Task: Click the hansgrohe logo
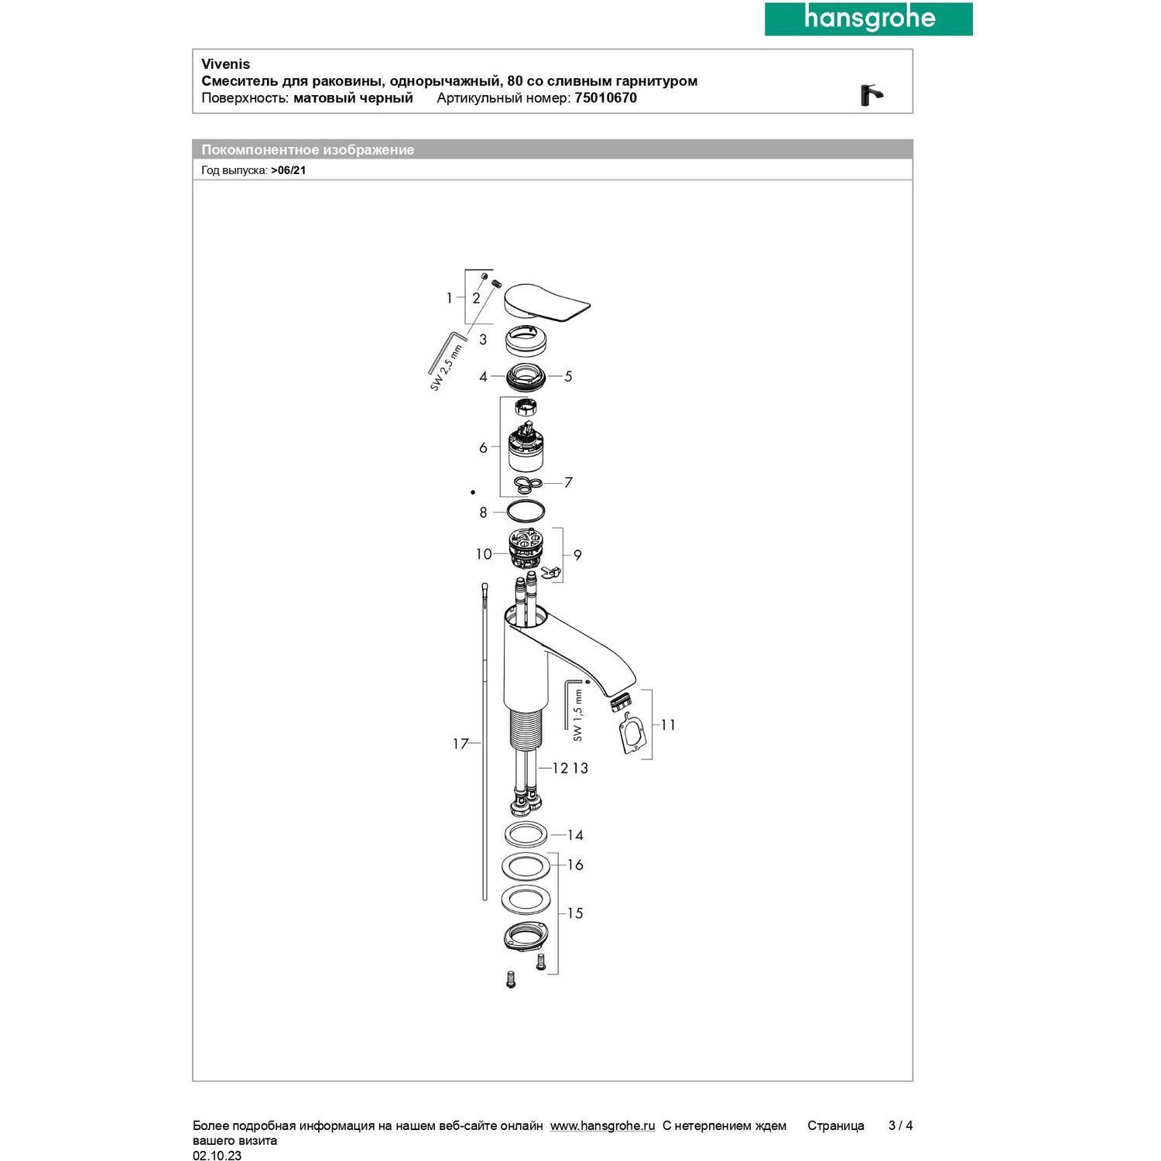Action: click(x=868, y=19)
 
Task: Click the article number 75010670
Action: click(x=605, y=98)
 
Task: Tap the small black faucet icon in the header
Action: click(x=872, y=95)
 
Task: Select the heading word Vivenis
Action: click(x=225, y=64)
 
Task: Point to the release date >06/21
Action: click(x=288, y=170)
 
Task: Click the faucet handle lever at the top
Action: click(x=546, y=301)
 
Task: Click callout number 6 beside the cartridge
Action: click(x=483, y=447)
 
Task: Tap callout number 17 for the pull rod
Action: click(x=461, y=744)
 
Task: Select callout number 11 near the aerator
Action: click(x=668, y=724)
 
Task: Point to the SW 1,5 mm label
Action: click(x=578, y=717)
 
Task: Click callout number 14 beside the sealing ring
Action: click(x=575, y=835)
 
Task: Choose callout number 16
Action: click(x=575, y=865)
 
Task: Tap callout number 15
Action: click(x=575, y=913)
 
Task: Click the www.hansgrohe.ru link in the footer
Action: click(x=602, y=1125)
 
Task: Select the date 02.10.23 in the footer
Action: click(x=217, y=1156)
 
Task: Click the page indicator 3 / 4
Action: click(x=900, y=1125)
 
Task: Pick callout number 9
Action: click(x=577, y=555)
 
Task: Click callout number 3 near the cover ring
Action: click(x=483, y=339)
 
